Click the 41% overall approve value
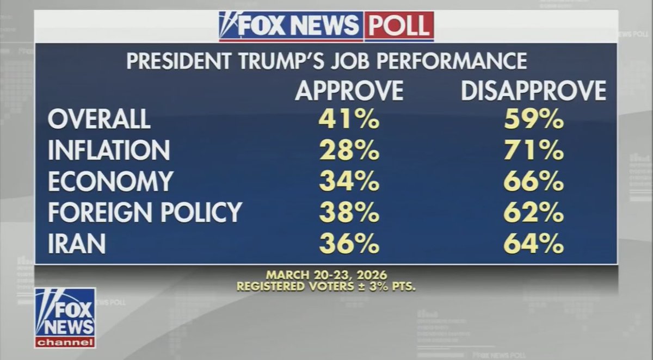pos(349,119)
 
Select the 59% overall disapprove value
pos(533,119)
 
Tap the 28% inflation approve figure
pos(349,151)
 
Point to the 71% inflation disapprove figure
pos(533,151)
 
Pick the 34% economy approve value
pos(349,182)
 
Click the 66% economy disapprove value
pos(533,182)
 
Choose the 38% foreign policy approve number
pos(349,213)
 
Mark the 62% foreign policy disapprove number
pos(533,213)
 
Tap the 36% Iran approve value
pos(349,244)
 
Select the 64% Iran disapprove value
pos(533,244)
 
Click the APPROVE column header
pos(349,90)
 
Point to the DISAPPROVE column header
pos(533,90)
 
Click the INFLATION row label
pos(109,151)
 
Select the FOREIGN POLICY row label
pos(145,213)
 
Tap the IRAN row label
pos(77,244)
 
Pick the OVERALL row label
pos(99,119)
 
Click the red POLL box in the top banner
pos(398,26)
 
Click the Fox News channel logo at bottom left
pos(65,318)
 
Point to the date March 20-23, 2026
pos(326,275)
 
